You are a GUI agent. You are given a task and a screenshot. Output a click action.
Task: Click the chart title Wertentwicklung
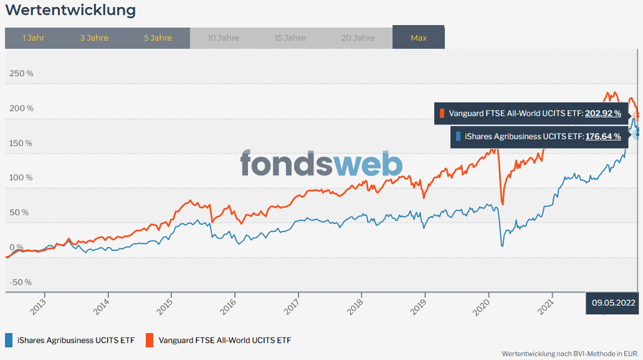tap(71, 11)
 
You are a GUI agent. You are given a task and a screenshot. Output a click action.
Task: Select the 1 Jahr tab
tap(33, 38)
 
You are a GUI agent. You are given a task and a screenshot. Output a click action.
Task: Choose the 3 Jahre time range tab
tap(94, 38)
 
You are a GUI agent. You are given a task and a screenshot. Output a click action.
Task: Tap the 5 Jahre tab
tap(158, 38)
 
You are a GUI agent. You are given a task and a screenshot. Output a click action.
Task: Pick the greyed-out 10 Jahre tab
tap(223, 38)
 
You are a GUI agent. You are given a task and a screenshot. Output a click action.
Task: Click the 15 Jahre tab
tap(290, 38)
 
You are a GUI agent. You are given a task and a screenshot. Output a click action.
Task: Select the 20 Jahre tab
tap(357, 38)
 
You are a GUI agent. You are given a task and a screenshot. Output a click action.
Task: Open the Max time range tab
tap(418, 38)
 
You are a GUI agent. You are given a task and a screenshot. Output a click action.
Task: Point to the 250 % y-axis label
tap(21, 73)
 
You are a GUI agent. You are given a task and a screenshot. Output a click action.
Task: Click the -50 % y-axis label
tap(21, 282)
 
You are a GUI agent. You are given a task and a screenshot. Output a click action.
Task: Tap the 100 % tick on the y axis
tap(21, 178)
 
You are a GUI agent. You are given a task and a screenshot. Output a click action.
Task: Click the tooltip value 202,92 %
tap(603, 113)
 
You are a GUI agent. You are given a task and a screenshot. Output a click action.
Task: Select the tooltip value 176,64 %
tap(603, 137)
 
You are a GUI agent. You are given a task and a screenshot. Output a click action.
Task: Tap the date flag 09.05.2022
tap(613, 302)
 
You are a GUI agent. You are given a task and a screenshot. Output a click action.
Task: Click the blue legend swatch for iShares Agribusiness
tap(8, 339)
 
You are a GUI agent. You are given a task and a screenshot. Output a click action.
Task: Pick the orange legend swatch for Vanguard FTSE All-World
tap(149, 339)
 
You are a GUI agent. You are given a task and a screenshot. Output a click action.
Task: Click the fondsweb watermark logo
tap(322, 164)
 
